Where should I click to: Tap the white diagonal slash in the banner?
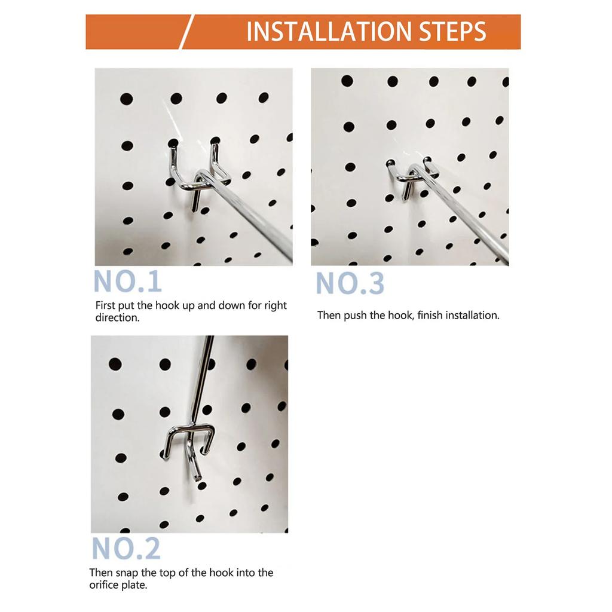point(186,32)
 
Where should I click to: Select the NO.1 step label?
point(127,281)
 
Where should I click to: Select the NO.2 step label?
point(126,549)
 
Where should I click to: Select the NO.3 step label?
point(350,283)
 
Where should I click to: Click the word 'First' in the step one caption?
point(106,305)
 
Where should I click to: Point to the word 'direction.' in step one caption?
point(117,318)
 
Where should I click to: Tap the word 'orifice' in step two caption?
point(104,585)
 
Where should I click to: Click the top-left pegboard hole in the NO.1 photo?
point(126,99)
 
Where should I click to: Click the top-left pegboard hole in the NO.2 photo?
point(115,364)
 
